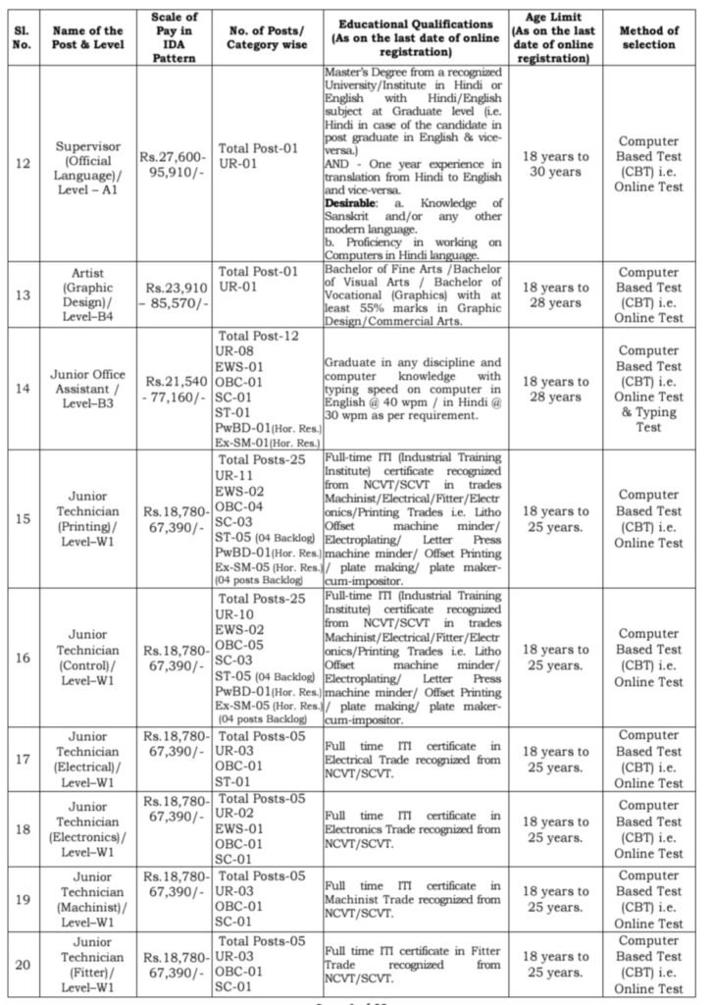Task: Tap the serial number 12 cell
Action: pos(23,163)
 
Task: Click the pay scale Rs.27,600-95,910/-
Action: pos(177,163)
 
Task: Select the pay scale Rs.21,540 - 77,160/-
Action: pos(177,389)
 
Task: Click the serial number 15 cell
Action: pos(23,518)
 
